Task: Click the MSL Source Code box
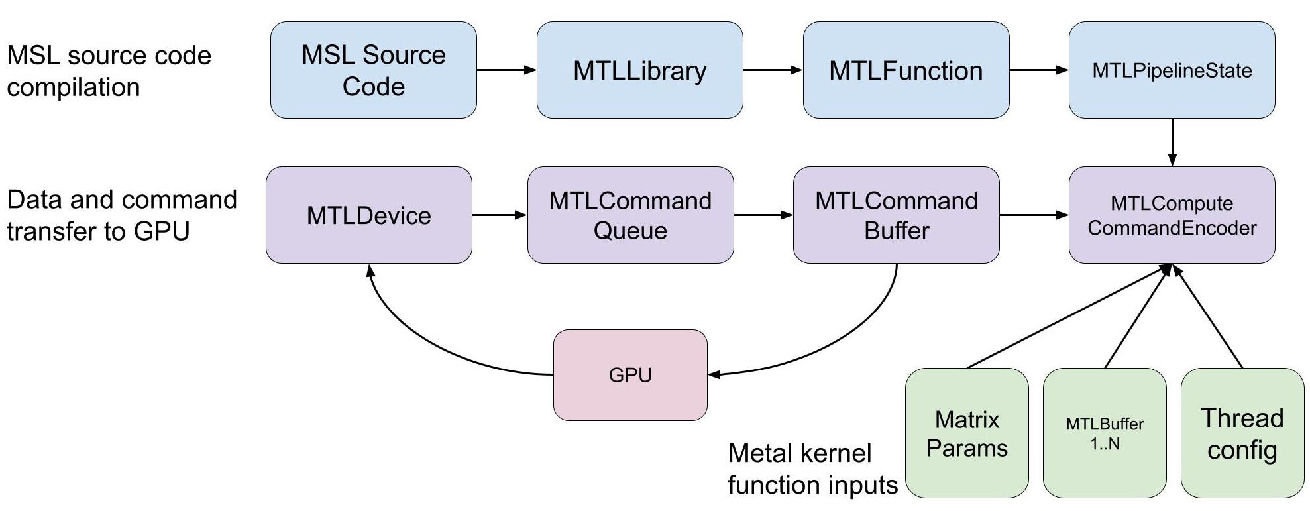click(373, 70)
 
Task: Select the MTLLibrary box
click(639, 70)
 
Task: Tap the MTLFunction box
click(906, 70)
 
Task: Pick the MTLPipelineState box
click(1172, 70)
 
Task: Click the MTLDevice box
click(368, 215)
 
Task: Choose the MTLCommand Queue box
click(630, 215)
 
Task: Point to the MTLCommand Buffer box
click(896, 215)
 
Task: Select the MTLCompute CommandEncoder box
click(1172, 215)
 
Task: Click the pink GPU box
click(630, 375)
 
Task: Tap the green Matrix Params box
click(967, 433)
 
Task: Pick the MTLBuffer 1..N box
click(1105, 433)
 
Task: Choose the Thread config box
click(1242, 433)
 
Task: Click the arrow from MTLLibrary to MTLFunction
click(773, 70)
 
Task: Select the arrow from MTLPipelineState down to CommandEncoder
click(1172, 142)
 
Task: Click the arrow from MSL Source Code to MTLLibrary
click(506, 70)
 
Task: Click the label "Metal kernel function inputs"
click(812, 469)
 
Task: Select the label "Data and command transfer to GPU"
click(122, 215)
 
